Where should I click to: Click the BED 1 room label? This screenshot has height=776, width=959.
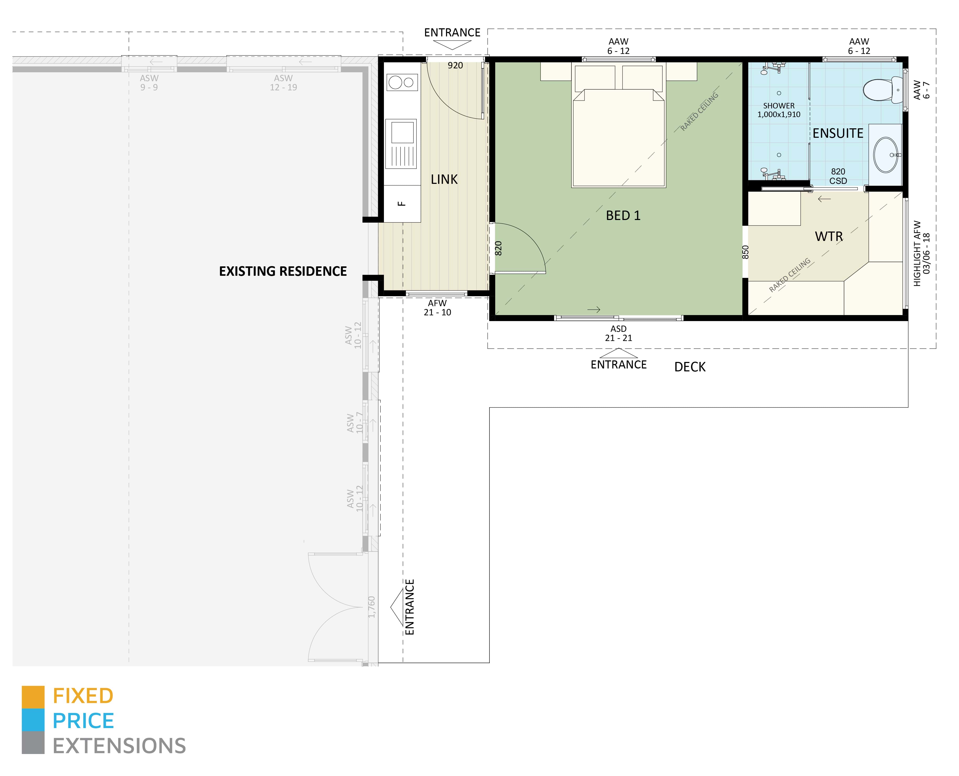[623, 216]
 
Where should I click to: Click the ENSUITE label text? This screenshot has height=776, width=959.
[837, 133]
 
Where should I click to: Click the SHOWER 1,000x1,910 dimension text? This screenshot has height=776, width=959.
[779, 110]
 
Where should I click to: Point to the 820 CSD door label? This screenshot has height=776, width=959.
[838, 176]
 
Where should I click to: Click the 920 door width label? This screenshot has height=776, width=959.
[455, 65]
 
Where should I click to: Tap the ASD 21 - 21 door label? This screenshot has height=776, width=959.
[618, 333]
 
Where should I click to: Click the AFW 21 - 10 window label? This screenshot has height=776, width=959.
[437, 307]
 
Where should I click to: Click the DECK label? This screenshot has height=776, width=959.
[690, 367]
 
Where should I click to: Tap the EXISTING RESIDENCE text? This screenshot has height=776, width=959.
[282, 271]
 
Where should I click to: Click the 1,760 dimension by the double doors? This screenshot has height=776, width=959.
[371, 607]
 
